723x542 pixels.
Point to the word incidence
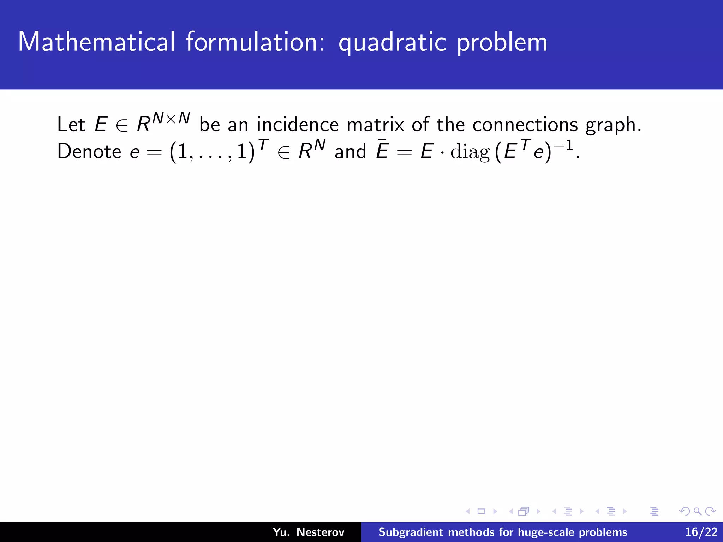[x=298, y=125]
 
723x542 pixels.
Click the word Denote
[x=89, y=152]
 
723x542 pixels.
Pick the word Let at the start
[x=71, y=125]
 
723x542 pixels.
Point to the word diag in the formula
[x=470, y=152]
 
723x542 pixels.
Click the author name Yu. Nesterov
[x=308, y=532]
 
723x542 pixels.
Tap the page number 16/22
[x=701, y=532]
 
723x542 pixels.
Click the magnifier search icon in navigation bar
[x=697, y=511]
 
